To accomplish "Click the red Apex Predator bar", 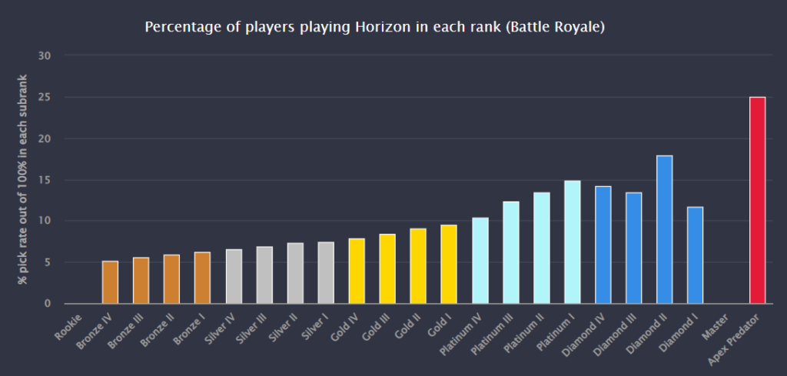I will (756, 200).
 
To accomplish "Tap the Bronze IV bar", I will (111, 282).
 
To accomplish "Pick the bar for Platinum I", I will (572, 241).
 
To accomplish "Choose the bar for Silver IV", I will (234, 276).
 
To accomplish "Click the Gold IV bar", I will (357, 271).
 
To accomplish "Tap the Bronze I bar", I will (203, 278).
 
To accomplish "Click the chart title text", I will (375, 28).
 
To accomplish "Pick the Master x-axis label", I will (714, 324).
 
